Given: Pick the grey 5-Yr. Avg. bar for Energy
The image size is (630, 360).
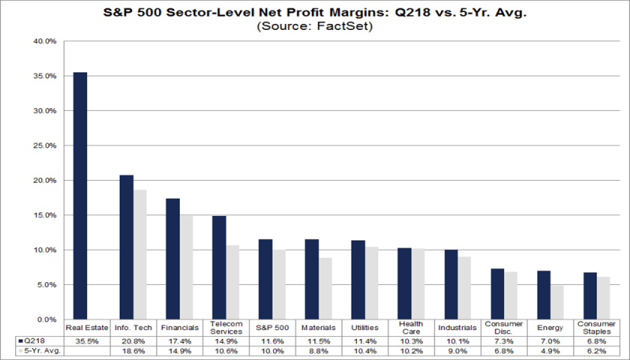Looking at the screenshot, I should (x=556, y=302).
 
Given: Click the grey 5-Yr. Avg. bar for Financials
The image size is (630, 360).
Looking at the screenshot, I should (x=185, y=267).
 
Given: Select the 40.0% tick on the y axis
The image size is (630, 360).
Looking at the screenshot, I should (x=46, y=41).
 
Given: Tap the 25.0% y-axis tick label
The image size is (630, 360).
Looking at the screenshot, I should (x=46, y=145).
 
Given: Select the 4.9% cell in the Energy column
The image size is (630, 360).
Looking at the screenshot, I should (x=544, y=350).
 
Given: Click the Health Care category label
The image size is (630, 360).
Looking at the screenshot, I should (x=410, y=328).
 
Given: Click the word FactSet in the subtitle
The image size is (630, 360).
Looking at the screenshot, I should (x=346, y=26).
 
